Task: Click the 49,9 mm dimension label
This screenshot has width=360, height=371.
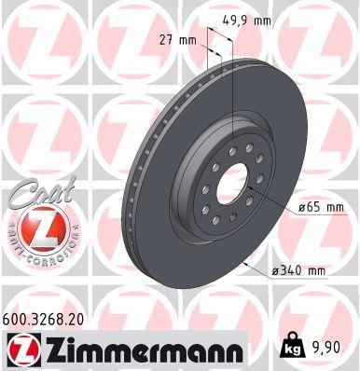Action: [x=249, y=18]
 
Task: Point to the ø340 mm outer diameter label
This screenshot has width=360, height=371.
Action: [x=298, y=270]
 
